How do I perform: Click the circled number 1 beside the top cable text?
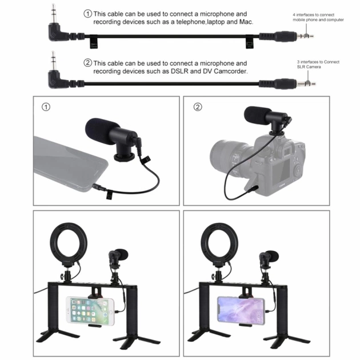87,13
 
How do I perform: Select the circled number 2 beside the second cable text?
87,63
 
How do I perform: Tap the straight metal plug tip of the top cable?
305,35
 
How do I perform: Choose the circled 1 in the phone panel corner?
46,107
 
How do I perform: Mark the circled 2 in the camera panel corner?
198,107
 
